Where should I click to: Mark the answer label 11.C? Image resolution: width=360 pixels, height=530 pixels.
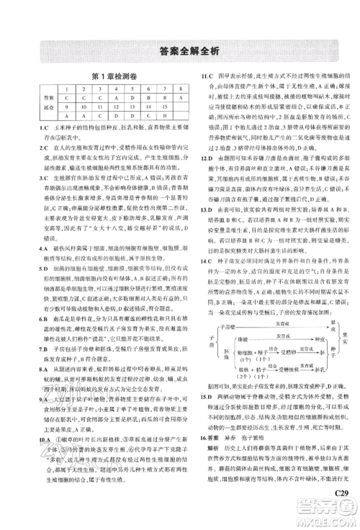click(x=206, y=76)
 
